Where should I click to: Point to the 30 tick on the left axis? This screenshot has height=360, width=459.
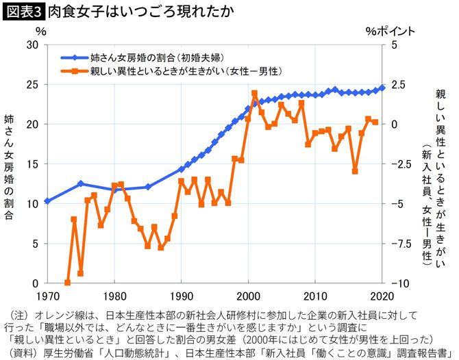coord(30,44)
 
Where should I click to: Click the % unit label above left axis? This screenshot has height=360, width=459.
coord(41,31)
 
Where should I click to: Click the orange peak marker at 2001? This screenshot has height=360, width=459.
coord(254,93)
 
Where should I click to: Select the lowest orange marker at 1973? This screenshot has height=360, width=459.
coord(67,283)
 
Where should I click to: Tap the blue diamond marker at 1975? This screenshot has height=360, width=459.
coord(80,183)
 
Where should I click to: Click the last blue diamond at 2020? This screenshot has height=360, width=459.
coord(382,88)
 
